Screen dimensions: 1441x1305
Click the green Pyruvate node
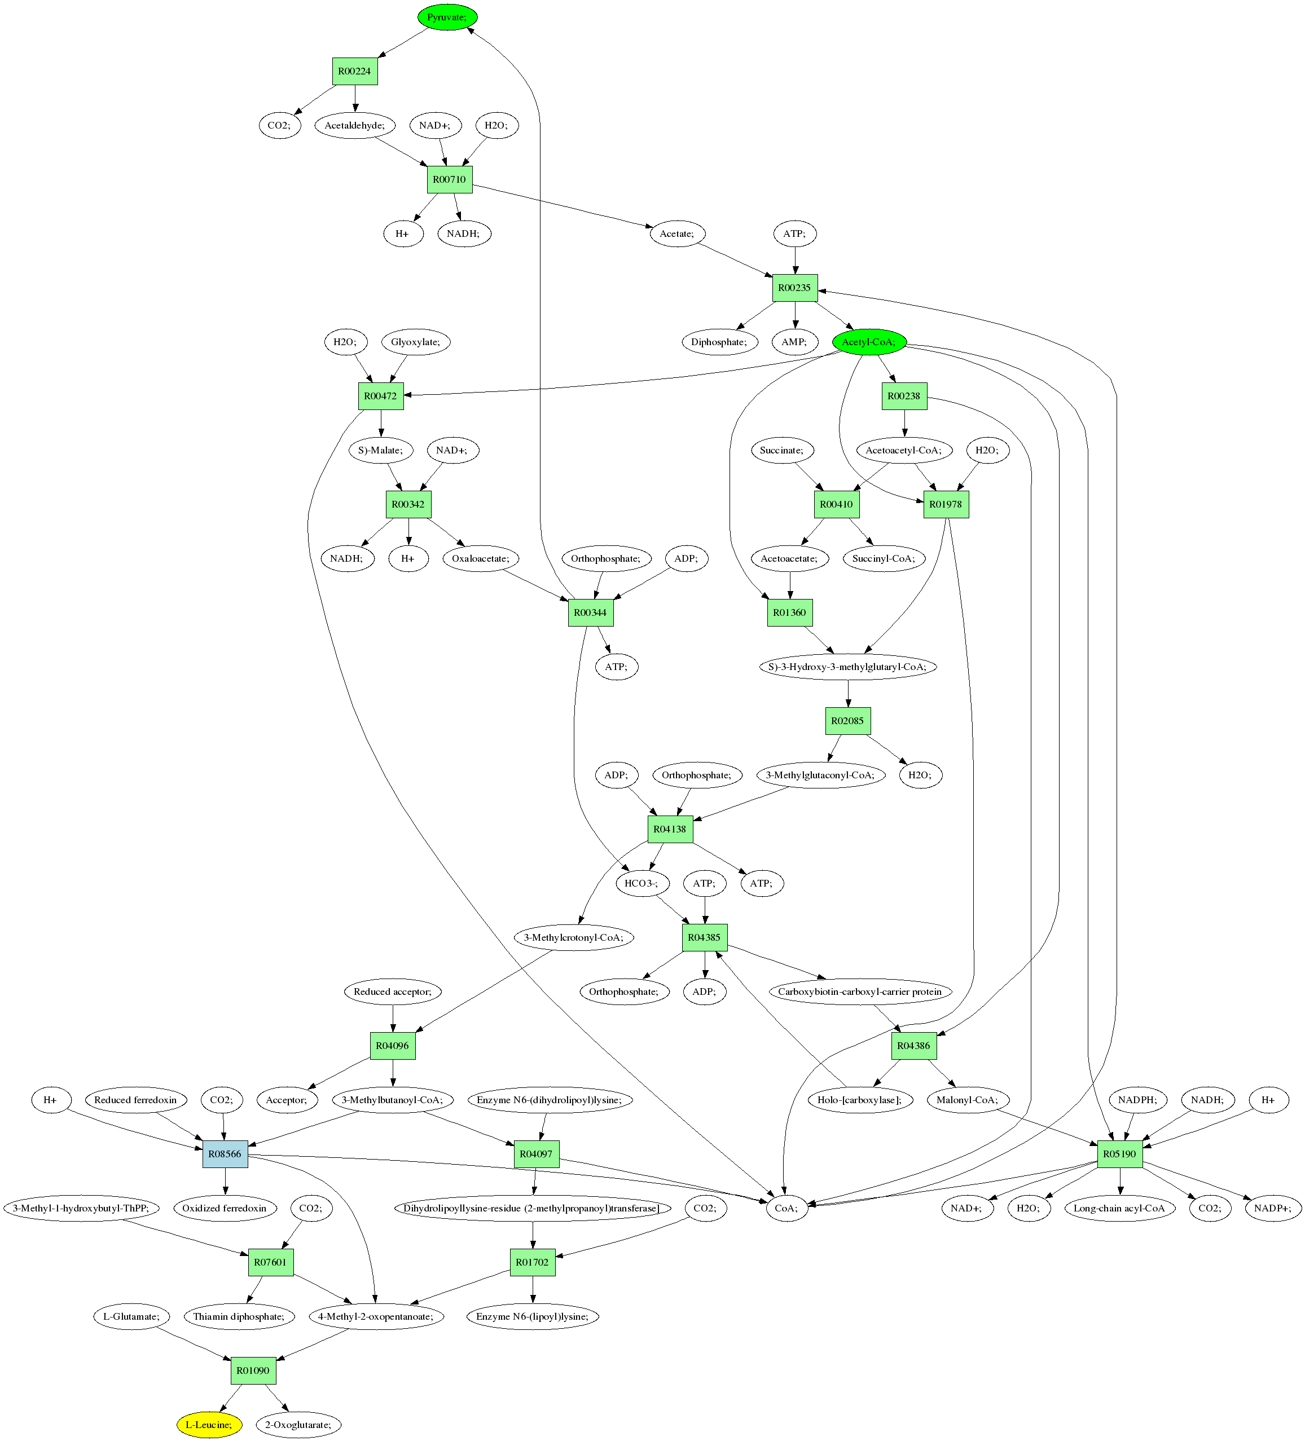click(447, 17)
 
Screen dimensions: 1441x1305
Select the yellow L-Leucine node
click(209, 1425)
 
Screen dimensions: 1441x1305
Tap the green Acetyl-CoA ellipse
click(869, 342)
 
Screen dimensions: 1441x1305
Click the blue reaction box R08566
click(225, 1154)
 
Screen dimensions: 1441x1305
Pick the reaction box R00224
click(355, 72)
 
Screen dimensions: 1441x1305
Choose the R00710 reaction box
click(449, 179)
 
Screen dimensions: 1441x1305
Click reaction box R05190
click(1120, 1154)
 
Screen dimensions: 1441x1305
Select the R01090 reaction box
click(253, 1371)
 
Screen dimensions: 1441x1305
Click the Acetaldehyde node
click(355, 126)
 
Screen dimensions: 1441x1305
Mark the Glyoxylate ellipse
click(415, 342)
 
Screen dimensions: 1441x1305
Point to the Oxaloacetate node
click(481, 559)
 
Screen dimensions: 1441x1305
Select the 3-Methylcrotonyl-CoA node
click(573, 938)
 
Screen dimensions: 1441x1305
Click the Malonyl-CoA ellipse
click(967, 1100)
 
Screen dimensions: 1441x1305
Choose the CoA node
click(786, 1209)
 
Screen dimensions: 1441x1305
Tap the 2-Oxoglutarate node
click(298, 1425)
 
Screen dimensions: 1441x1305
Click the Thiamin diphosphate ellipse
click(239, 1316)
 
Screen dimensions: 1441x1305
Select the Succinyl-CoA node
click(884, 559)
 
